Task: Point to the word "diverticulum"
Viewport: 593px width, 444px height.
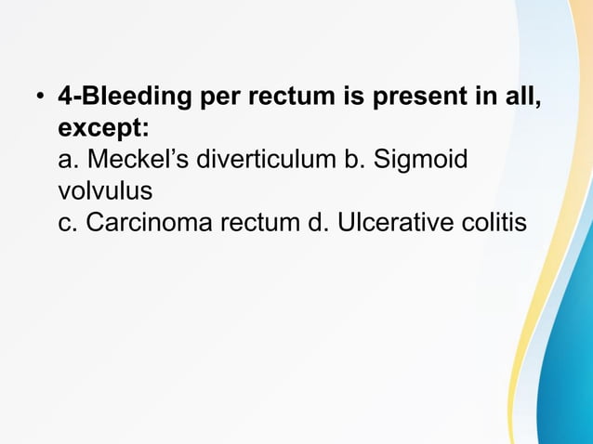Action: [257, 160]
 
